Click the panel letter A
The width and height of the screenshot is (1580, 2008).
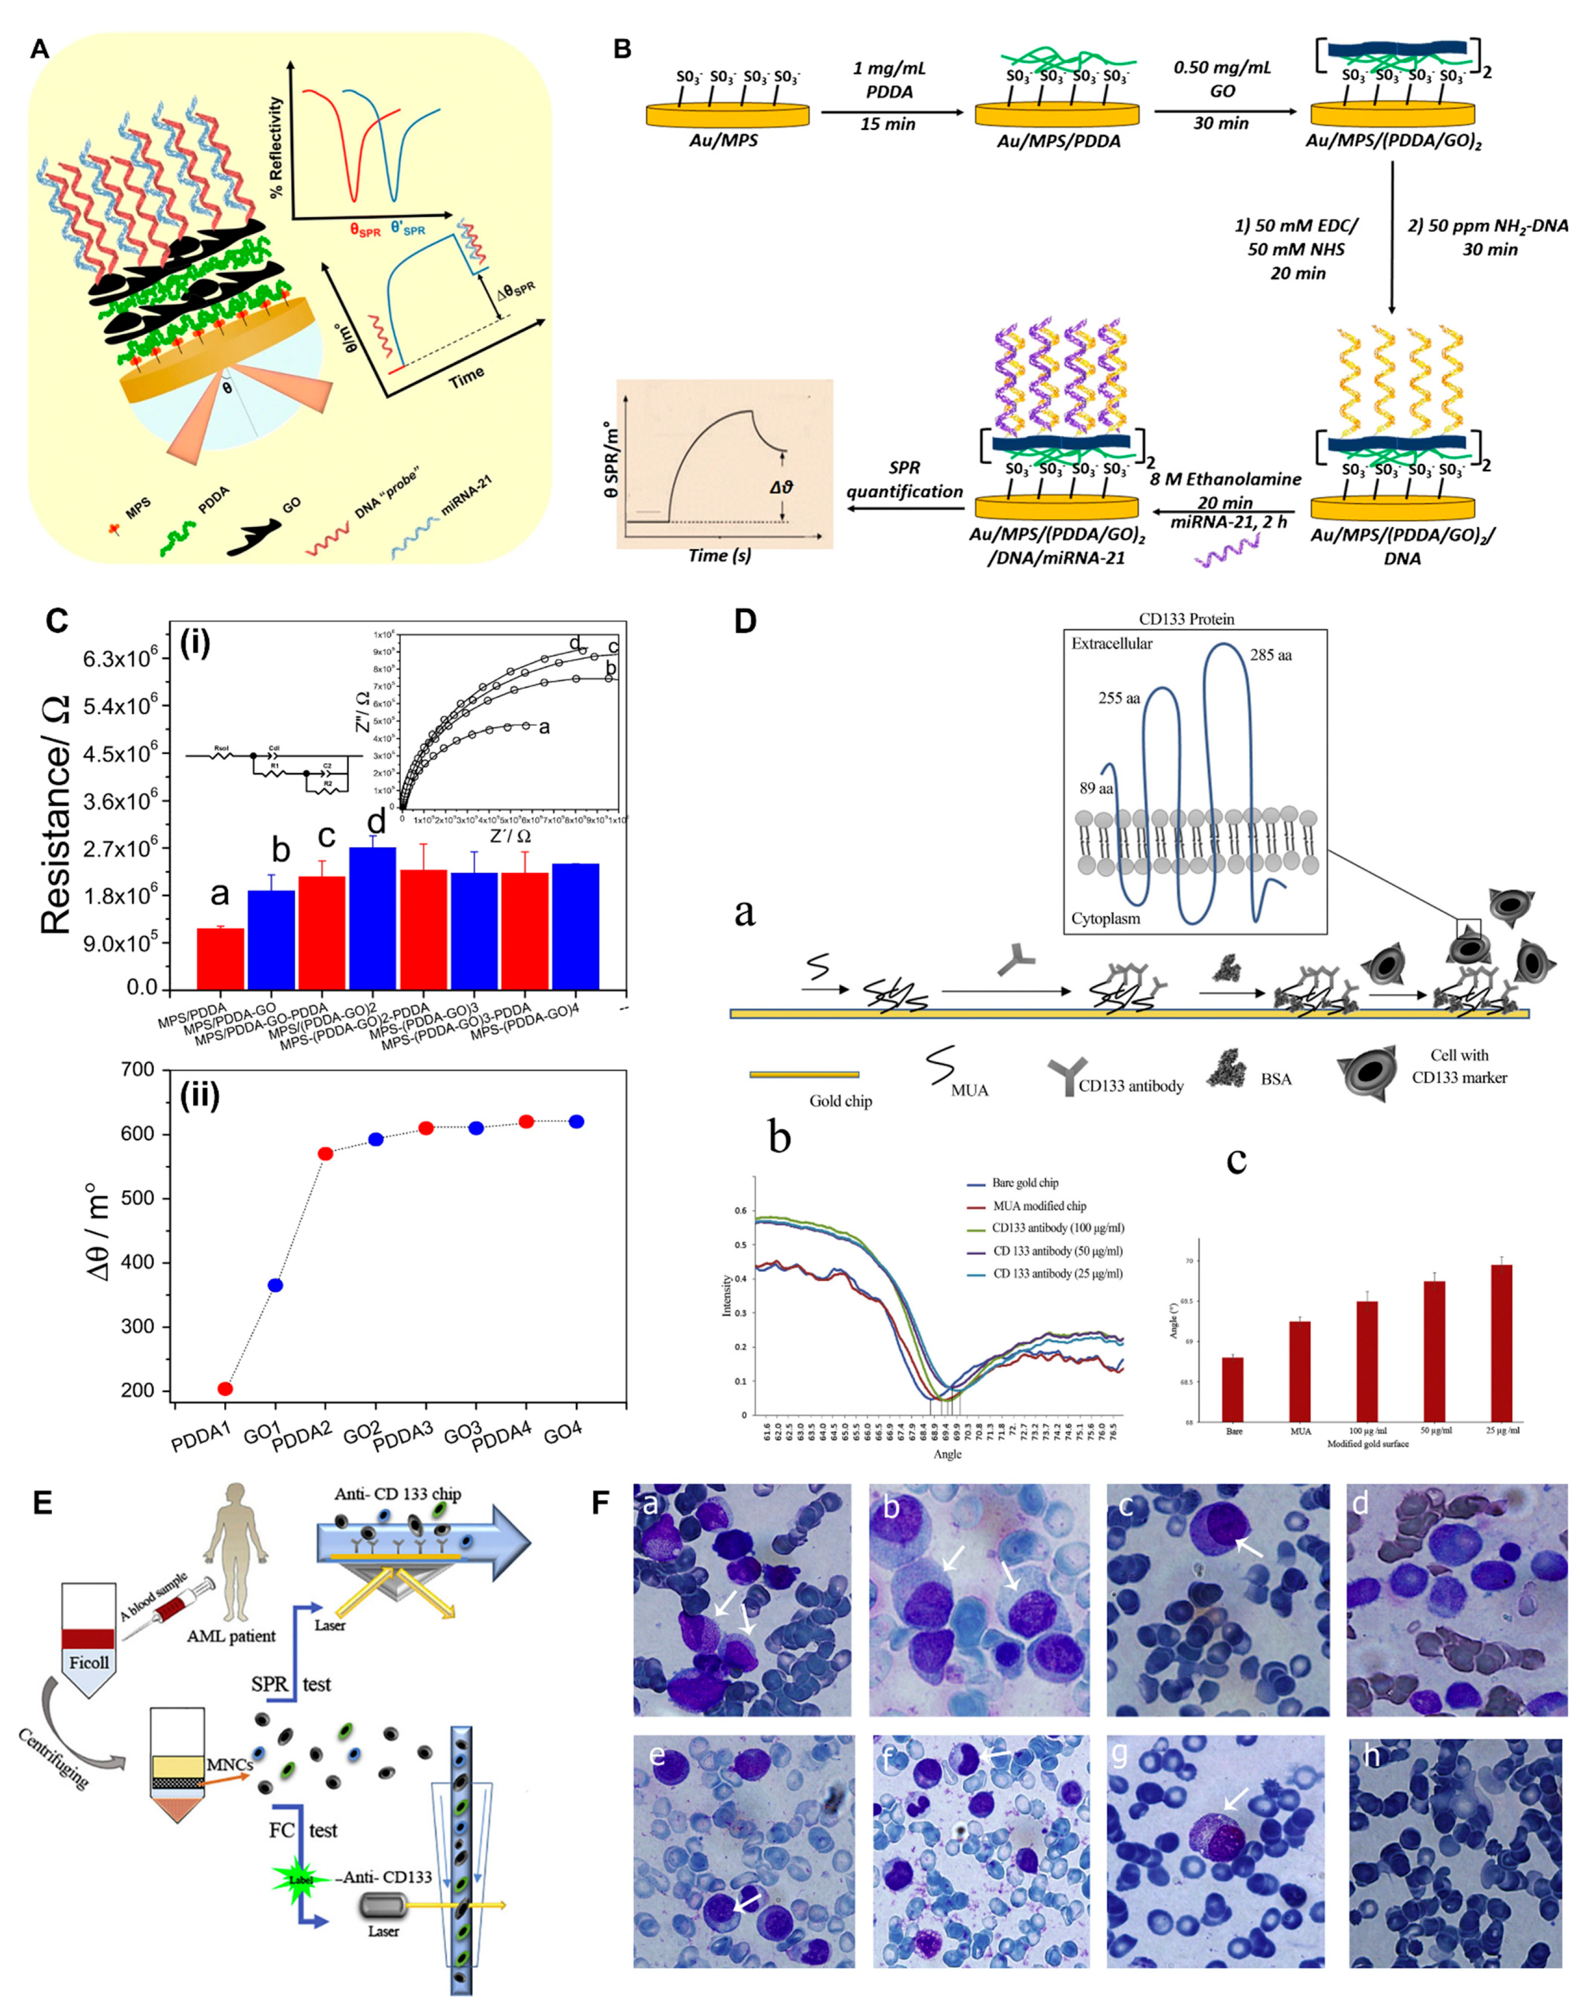pyautogui.click(x=39, y=48)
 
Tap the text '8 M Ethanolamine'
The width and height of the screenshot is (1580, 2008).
pyautogui.click(x=1226, y=479)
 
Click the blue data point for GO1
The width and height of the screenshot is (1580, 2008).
pyautogui.click(x=275, y=1285)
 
